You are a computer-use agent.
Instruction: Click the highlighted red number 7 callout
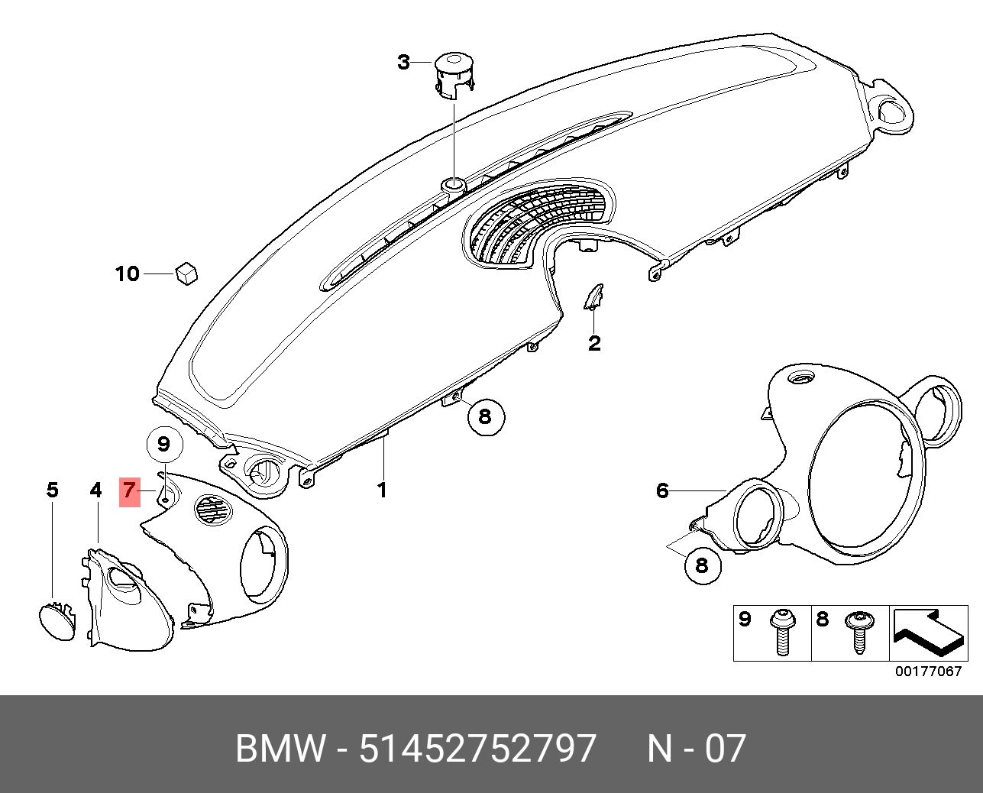(129, 492)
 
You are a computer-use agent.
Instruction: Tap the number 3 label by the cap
(403, 62)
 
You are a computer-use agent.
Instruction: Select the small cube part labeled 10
(186, 274)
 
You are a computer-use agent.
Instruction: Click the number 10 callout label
(127, 274)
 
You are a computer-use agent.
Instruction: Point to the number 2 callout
(594, 343)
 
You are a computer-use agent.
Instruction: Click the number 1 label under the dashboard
(382, 490)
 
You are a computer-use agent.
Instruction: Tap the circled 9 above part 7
(164, 445)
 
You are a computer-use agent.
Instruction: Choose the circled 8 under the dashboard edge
(486, 417)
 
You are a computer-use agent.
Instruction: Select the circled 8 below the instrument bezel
(703, 566)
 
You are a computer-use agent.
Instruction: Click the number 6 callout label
(662, 491)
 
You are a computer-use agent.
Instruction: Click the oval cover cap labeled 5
(57, 621)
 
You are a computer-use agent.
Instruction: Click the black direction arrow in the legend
(928, 633)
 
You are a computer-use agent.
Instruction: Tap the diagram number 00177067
(928, 672)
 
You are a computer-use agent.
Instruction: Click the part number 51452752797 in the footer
(478, 748)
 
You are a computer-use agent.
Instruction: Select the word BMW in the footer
(280, 748)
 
